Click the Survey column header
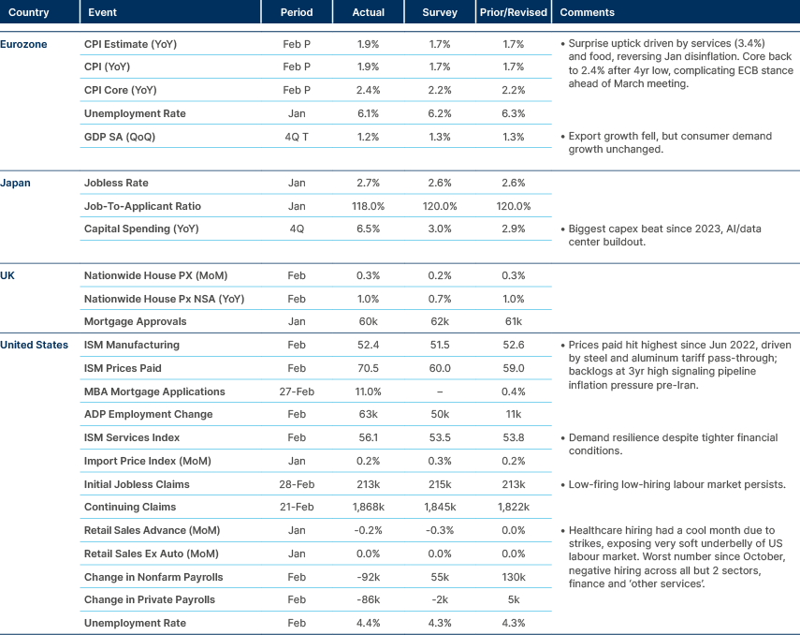click(x=440, y=13)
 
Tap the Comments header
click(x=587, y=13)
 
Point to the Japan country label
click(x=16, y=183)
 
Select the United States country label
click(x=35, y=345)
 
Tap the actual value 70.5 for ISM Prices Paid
click(x=369, y=368)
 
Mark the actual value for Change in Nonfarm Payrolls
click(x=369, y=576)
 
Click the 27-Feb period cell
click(x=297, y=391)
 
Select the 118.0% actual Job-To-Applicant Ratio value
click(x=369, y=206)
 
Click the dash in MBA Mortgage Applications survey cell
click(x=440, y=391)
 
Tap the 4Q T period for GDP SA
click(x=297, y=137)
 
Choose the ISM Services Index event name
click(x=132, y=437)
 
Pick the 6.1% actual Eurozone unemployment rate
click(x=369, y=113)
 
